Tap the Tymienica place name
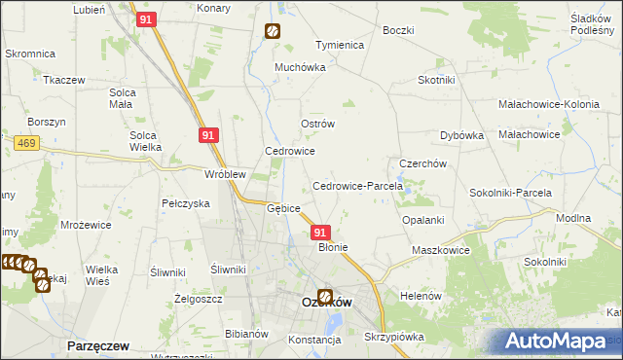coord(339,46)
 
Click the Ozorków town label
coord(325,303)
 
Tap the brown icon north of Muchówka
coord(272,30)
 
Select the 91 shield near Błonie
coord(321,234)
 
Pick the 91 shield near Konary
coord(147,18)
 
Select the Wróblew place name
coord(224,174)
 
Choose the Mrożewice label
coord(86,224)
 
